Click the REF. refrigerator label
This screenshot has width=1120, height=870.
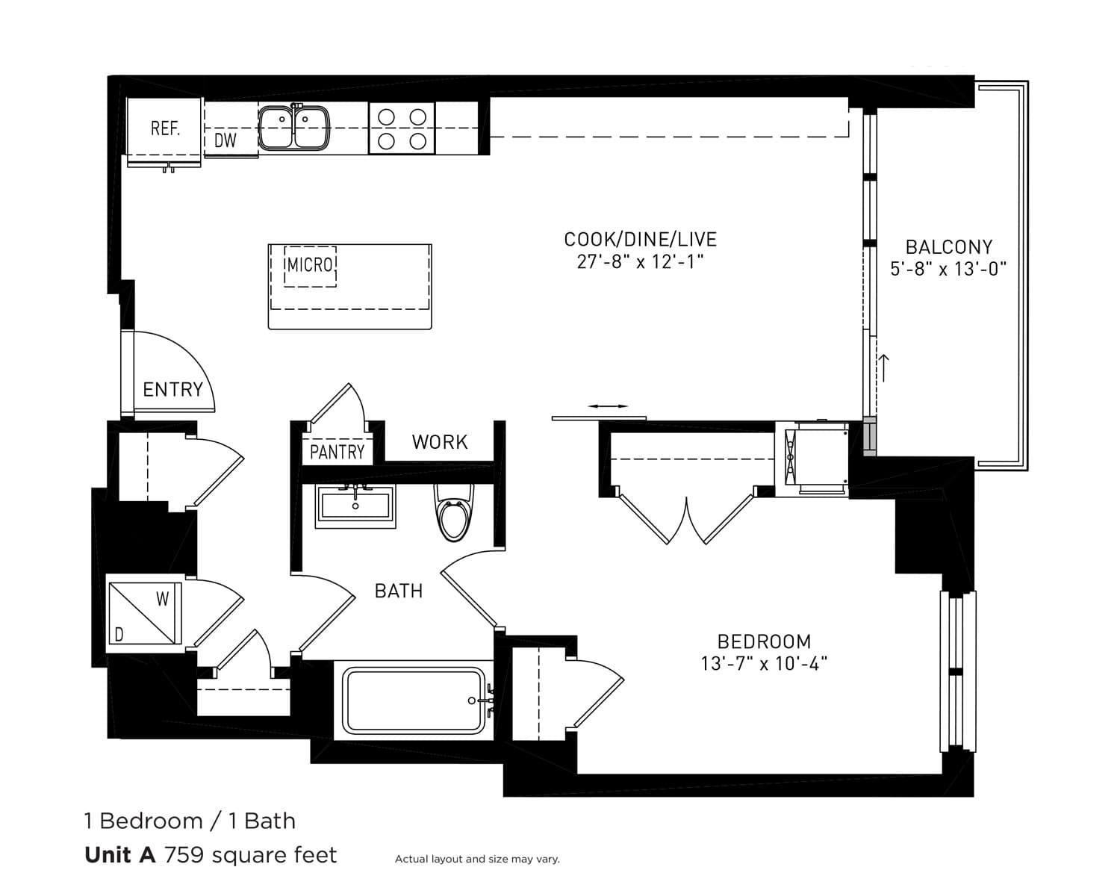click(166, 128)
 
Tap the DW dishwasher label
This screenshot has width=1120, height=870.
click(225, 140)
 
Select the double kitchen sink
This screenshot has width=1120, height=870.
click(293, 128)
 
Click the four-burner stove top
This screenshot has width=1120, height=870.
click(402, 128)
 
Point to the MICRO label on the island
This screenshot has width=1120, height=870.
click(310, 265)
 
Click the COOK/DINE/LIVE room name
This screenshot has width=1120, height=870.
click(640, 239)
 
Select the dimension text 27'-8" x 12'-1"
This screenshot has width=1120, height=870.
click(640, 262)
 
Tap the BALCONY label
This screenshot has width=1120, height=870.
click(949, 247)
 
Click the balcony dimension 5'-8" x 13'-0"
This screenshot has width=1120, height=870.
click(948, 269)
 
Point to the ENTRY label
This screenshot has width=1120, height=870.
click(173, 390)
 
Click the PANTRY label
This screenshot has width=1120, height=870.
click(337, 452)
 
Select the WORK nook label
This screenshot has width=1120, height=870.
click(440, 442)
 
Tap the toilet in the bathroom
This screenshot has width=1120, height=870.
click(454, 512)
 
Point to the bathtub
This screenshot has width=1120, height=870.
click(414, 700)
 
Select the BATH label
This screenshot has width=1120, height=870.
click(399, 591)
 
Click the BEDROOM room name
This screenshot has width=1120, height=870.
click(765, 641)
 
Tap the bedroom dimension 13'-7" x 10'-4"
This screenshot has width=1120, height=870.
click(765, 663)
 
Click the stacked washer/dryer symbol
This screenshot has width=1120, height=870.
click(145, 613)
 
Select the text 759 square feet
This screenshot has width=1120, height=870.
click(250, 854)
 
